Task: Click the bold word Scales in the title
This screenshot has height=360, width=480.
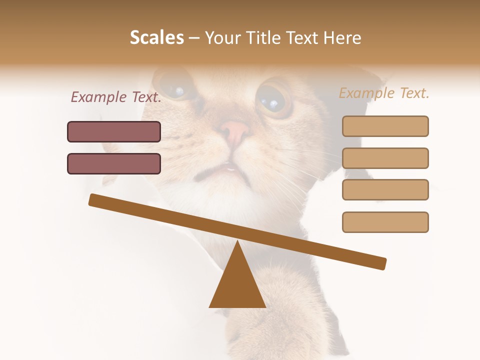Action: tap(156, 37)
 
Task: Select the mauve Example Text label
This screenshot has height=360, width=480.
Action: tap(116, 97)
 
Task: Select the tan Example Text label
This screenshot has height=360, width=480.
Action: tap(384, 93)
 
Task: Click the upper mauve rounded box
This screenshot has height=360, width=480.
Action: tap(114, 131)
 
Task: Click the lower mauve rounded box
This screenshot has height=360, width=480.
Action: tap(114, 163)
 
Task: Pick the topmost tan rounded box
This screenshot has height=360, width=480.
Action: tap(385, 126)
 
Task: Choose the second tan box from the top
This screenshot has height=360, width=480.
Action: tap(385, 158)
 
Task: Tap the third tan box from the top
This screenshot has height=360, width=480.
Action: tap(385, 190)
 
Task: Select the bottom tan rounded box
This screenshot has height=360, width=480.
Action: tap(385, 222)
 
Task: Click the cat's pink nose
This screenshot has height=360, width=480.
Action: tap(235, 131)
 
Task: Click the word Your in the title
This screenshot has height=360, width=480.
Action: tap(222, 37)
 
